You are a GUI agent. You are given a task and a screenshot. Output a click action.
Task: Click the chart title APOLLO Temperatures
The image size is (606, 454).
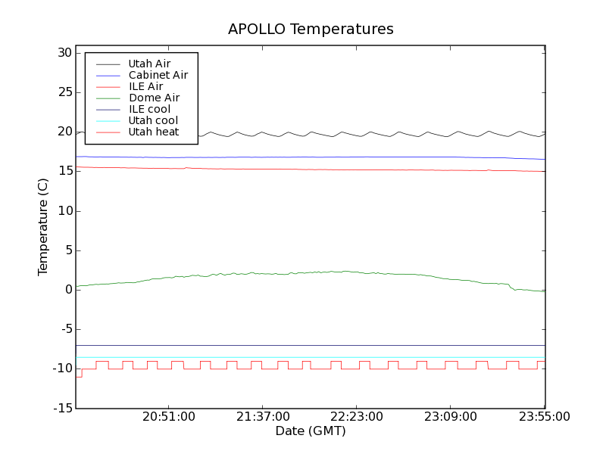pos(311,30)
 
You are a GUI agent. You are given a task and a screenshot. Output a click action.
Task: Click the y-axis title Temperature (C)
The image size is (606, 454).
pos(43,227)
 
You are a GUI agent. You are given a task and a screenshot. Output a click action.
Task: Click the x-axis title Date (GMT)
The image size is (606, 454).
pos(310,431)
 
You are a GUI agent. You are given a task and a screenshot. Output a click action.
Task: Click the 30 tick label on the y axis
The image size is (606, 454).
pos(63,53)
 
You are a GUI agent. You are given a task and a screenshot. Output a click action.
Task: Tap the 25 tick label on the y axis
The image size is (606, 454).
pos(63,92)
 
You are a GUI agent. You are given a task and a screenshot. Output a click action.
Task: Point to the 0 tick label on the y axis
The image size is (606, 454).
pos(67,290)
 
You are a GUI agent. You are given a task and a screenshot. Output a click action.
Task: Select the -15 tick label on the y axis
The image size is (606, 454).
pos(61,409)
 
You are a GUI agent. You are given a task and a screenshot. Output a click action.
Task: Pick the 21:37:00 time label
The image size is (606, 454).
pos(262,417)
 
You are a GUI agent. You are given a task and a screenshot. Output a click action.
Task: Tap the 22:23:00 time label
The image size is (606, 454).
pos(356,417)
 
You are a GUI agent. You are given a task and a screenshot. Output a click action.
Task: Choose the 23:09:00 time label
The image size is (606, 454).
pos(450,417)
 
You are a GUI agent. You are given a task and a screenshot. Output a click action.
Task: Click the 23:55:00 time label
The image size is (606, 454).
pos(544,417)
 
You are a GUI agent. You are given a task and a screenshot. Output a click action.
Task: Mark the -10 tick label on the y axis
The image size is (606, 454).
pos(61,368)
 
